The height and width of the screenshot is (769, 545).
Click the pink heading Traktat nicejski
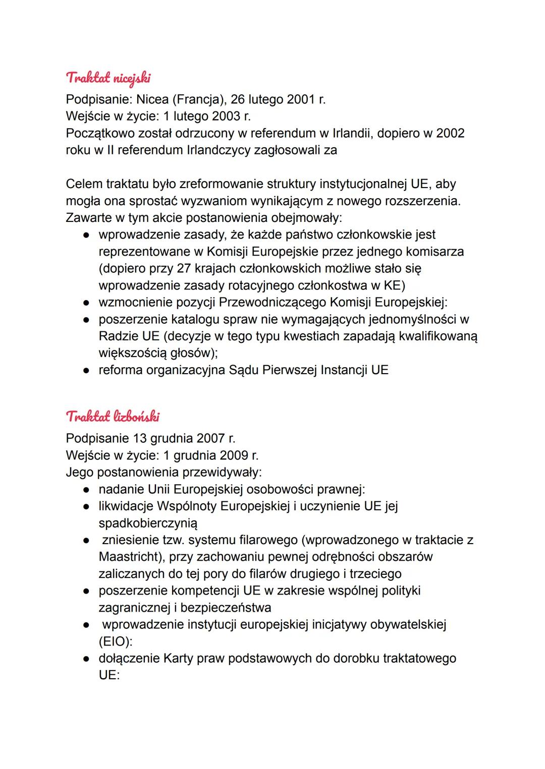pos(108,78)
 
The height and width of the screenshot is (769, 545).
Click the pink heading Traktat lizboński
pos(113,417)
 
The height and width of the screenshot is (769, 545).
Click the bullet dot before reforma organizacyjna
pos(86,371)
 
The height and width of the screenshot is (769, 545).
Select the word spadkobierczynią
pos(148,523)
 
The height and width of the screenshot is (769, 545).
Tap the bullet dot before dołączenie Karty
pos(86,659)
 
